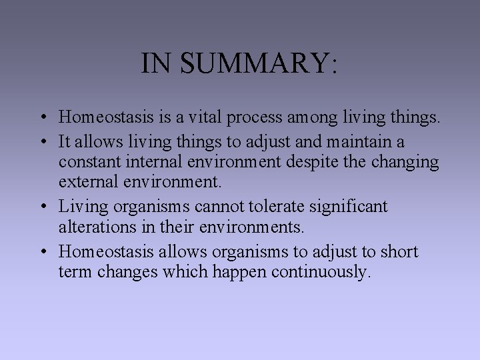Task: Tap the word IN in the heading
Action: (156, 63)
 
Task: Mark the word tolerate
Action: (255, 207)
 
